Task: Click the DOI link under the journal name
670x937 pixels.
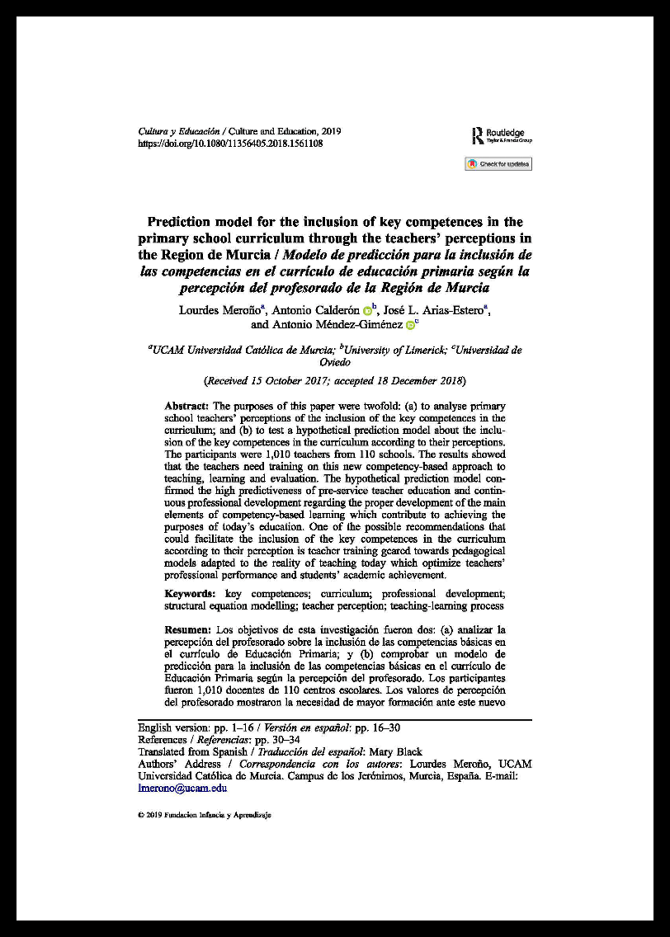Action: (x=229, y=143)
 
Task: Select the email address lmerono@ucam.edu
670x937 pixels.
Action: (x=182, y=788)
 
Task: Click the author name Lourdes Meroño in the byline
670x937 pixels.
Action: (x=221, y=310)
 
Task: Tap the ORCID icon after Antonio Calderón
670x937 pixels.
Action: (x=368, y=311)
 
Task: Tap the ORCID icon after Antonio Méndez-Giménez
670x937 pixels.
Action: (x=410, y=326)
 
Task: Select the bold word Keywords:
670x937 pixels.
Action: (x=191, y=594)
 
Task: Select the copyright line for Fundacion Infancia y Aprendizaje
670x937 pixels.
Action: (x=204, y=815)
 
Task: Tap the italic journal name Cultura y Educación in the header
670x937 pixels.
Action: (x=178, y=131)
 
